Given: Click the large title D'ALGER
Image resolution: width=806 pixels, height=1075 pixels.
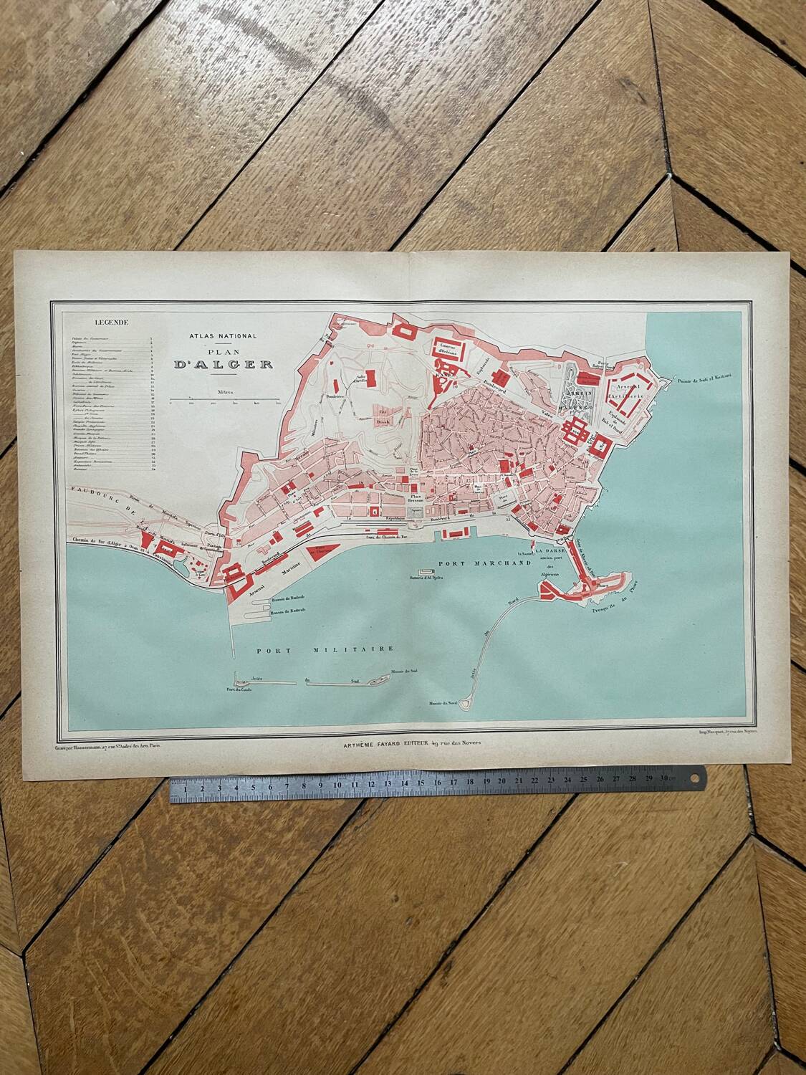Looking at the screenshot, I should tap(223, 363).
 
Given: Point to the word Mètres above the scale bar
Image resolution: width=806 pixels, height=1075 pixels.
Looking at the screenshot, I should tap(222, 392).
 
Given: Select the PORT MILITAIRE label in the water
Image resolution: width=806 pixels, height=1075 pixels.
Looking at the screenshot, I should tap(326, 649).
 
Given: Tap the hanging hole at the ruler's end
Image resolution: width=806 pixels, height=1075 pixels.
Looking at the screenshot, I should tap(693, 774).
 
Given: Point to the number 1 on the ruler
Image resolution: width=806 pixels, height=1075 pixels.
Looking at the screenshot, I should tap(186, 790).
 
